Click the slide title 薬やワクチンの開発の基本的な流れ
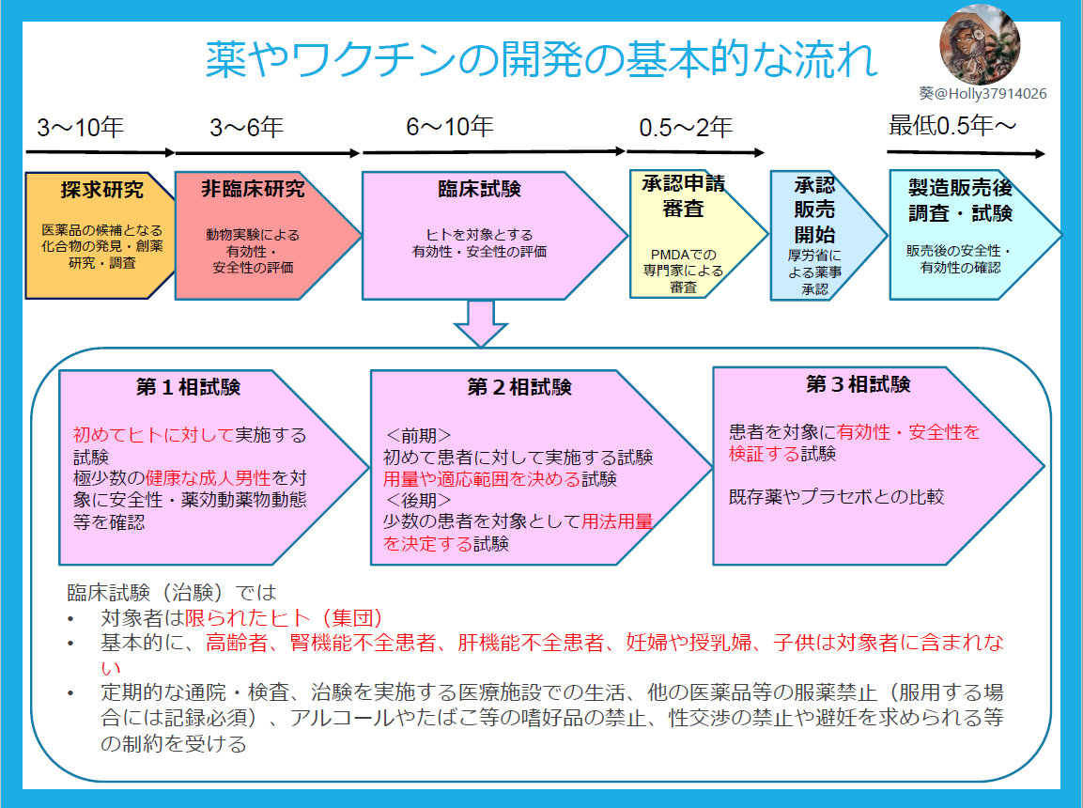[x=542, y=60]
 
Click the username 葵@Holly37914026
[x=982, y=94]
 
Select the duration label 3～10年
[x=80, y=128]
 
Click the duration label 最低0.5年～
[x=952, y=125]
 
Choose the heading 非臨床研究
[x=253, y=189]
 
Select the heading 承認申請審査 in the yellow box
[x=684, y=195]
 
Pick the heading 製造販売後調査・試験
[x=960, y=199]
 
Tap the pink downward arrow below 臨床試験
[x=480, y=324]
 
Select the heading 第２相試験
[x=518, y=387]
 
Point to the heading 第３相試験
[x=858, y=384]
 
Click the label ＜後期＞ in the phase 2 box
[x=418, y=499]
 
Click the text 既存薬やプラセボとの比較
[x=837, y=497]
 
